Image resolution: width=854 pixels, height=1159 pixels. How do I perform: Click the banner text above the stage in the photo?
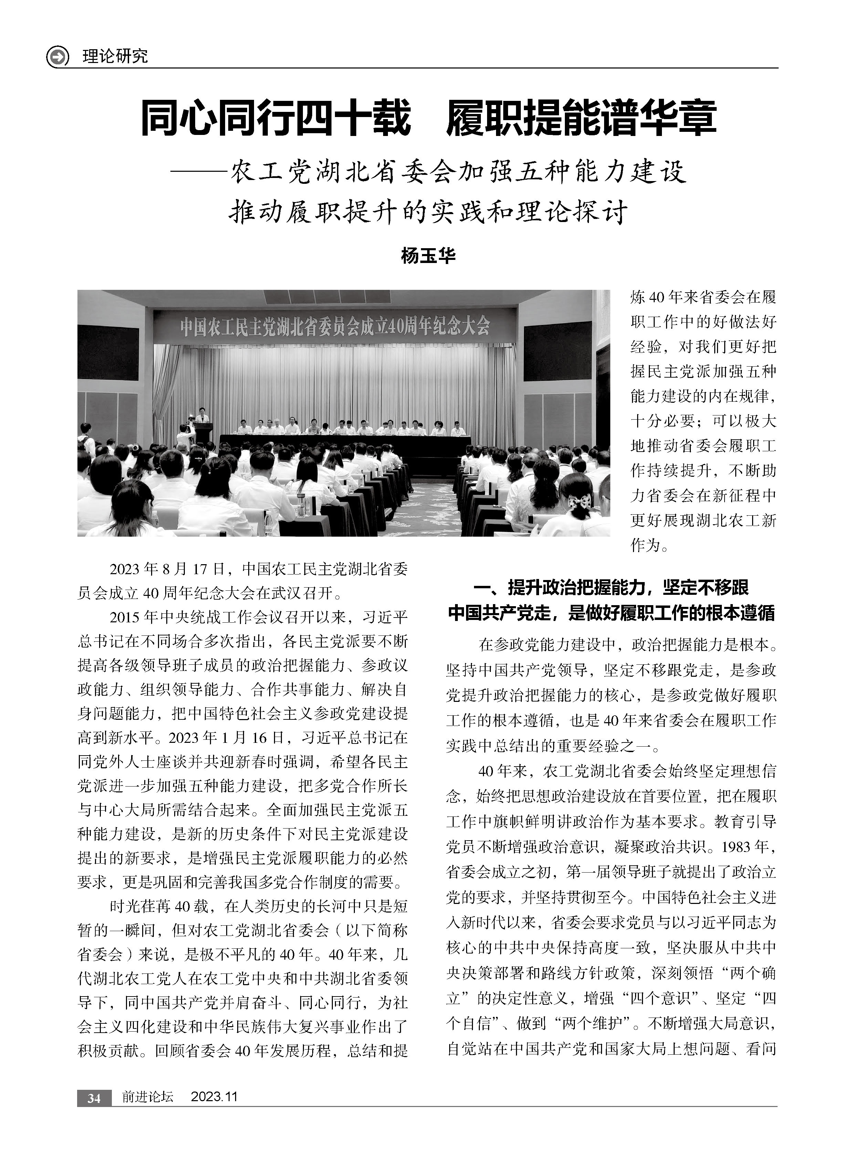point(335,327)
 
